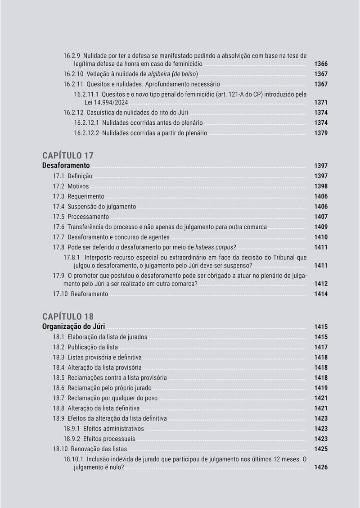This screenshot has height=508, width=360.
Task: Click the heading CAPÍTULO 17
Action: (68, 156)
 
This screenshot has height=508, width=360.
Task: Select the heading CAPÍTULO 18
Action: (68, 316)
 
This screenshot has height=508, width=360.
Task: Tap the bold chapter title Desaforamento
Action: (66, 166)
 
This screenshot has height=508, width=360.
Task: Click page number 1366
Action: (321, 64)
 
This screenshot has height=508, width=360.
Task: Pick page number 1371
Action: (321, 103)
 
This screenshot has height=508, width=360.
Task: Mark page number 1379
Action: (321, 133)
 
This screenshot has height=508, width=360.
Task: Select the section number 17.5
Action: (58, 217)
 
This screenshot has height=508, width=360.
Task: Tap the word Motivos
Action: (78, 186)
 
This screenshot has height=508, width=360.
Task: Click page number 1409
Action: (321, 227)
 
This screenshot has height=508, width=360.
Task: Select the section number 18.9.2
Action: (72, 439)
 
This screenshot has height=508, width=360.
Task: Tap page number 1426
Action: (321, 467)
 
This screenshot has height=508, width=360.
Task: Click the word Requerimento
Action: (86, 196)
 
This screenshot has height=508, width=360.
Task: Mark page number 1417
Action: (321, 347)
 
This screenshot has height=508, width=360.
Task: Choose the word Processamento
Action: (88, 217)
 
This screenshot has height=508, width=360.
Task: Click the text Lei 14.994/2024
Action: (101, 103)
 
